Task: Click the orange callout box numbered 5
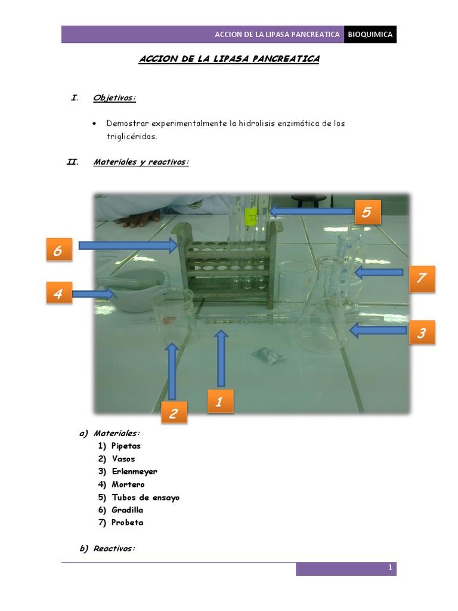[367, 212]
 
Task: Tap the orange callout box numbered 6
[58, 251]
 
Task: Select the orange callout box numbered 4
[58, 294]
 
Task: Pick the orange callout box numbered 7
[422, 279]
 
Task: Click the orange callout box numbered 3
[422, 332]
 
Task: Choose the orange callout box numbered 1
[219, 402]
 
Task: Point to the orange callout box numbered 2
[173, 413]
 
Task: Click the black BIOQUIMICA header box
[370, 35]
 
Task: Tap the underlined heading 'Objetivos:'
[114, 98]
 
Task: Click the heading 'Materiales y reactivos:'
[141, 162]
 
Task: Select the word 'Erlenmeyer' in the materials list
[134, 472]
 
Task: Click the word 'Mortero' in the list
[128, 485]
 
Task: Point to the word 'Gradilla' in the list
[127, 510]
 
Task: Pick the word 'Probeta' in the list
[127, 523]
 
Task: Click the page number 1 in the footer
[390, 568]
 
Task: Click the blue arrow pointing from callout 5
[310, 211]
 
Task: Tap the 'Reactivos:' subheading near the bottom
[114, 549]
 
